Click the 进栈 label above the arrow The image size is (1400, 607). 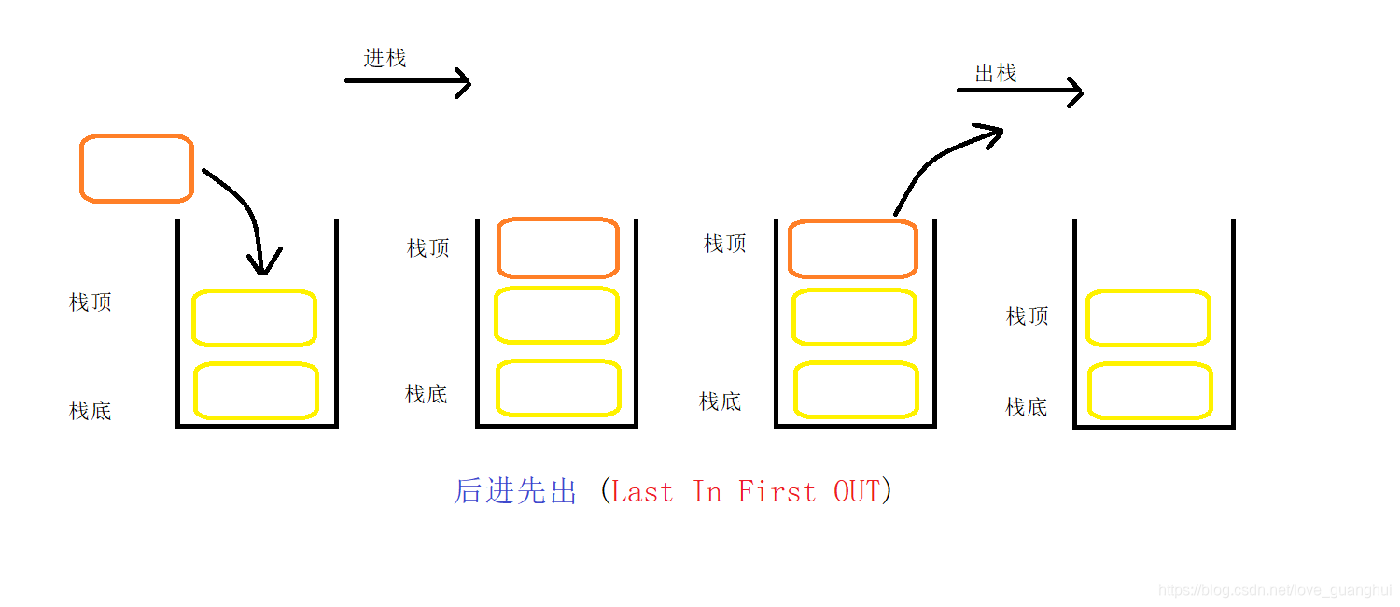coord(385,58)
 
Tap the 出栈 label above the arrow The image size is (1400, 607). coord(995,73)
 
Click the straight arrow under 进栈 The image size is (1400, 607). coord(408,82)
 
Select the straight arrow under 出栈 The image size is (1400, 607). coord(1019,92)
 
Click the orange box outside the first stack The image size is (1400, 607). coord(136,168)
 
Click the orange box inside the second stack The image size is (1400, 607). coord(558,247)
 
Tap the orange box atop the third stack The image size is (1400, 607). coord(853,249)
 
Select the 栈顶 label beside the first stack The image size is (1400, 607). coord(91,303)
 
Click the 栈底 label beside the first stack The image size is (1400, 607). coord(91,411)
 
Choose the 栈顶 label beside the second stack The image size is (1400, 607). coord(428,248)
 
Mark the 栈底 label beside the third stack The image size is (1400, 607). coord(721,402)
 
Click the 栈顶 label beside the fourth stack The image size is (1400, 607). coord(1028,317)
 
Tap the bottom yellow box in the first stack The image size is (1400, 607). coord(256,390)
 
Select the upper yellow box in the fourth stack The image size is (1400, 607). coord(1148,318)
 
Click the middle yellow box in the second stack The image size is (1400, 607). coord(557,316)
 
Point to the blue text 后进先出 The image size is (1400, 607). coord(515,491)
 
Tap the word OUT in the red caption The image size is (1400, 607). coord(856,491)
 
